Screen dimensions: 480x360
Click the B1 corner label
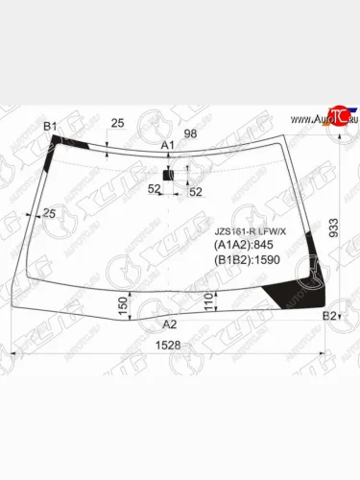51,126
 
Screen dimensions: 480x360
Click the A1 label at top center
167,145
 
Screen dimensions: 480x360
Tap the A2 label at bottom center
169,324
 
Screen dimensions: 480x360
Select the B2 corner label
329,316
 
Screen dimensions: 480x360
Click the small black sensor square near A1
168,176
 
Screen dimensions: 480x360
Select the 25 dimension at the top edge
117,123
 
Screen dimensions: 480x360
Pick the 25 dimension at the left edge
49,212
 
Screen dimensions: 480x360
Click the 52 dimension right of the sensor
195,192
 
